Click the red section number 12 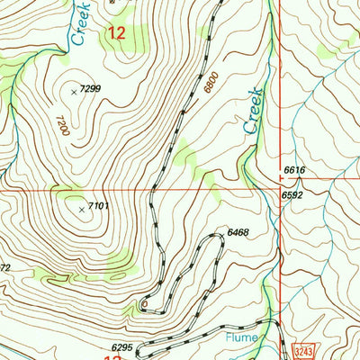[116, 34]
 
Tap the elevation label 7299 [91, 89]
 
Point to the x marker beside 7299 [74, 90]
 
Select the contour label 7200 [63, 125]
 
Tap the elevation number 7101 [100, 207]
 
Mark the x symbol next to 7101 [83, 209]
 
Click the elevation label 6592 [291, 194]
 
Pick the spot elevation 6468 [238, 233]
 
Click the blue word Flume [243, 338]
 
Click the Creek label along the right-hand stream [253, 111]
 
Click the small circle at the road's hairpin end [144, 304]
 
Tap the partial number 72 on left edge [4, 268]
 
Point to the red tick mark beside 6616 [280, 177]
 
